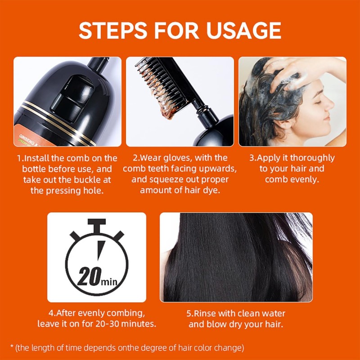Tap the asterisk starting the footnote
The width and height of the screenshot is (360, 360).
coord(12,346)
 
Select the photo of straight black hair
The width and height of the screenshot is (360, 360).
coord(236,257)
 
